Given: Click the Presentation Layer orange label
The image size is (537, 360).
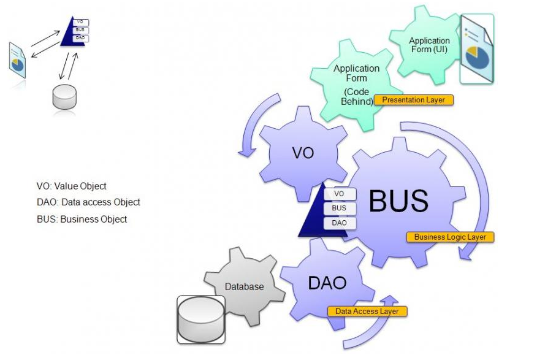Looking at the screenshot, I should pyautogui.click(x=413, y=99).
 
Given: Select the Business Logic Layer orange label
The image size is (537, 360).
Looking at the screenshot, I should pyautogui.click(x=449, y=237).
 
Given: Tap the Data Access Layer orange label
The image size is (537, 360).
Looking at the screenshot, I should pyautogui.click(x=367, y=312).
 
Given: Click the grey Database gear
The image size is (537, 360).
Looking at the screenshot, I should pyautogui.click(x=244, y=286).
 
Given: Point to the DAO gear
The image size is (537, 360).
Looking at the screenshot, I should pyautogui.click(x=327, y=283).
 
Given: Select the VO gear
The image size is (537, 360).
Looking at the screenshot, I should pyautogui.click(x=302, y=153).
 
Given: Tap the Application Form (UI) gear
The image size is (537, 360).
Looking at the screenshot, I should pyautogui.click(x=429, y=45).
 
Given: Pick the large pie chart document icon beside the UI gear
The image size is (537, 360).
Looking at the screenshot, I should pyautogui.click(x=477, y=48).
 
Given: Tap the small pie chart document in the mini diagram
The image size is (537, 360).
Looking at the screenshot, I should pyautogui.click(x=17, y=59).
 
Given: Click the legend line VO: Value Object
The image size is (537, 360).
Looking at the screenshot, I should pyautogui.click(x=71, y=186).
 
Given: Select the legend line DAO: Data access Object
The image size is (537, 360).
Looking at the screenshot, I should pyautogui.click(x=88, y=202).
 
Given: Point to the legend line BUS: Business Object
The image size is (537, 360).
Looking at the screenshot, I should pyautogui.click(x=82, y=219).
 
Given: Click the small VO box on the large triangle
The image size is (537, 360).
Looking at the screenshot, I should pyautogui.click(x=339, y=194).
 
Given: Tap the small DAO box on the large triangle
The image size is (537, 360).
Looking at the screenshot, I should pyautogui.click(x=339, y=223).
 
